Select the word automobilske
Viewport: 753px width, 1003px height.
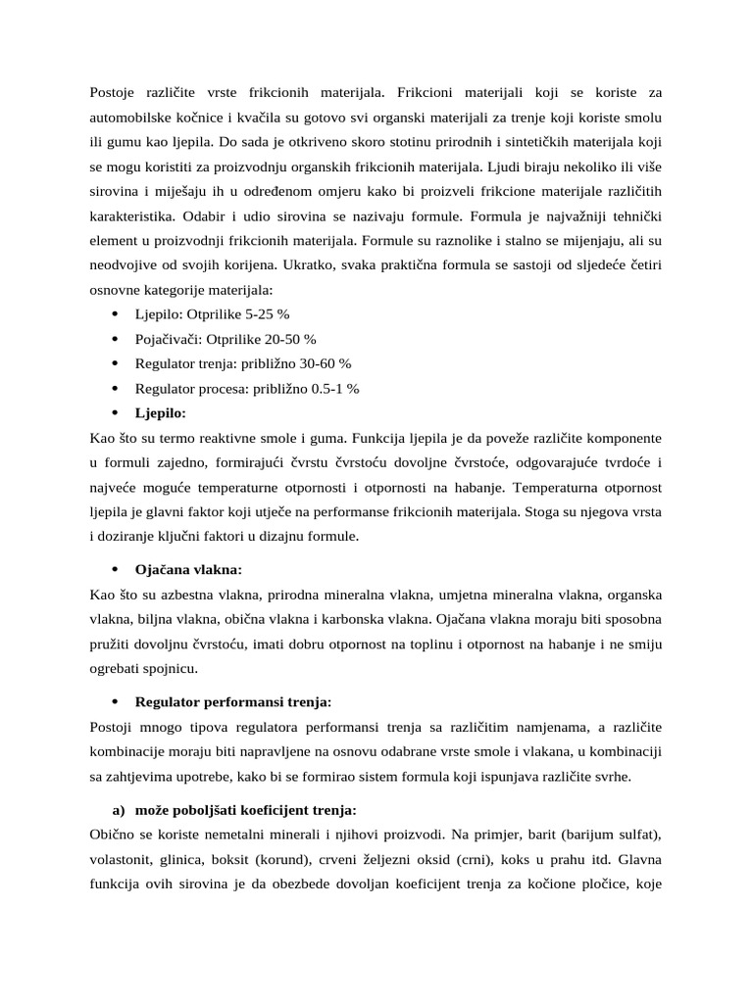click(x=135, y=119)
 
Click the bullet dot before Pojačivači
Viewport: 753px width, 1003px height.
click(x=115, y=339)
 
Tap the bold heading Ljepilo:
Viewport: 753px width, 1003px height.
click(x=160, y=413)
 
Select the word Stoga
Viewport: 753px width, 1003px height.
click(x=532, y=510)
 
